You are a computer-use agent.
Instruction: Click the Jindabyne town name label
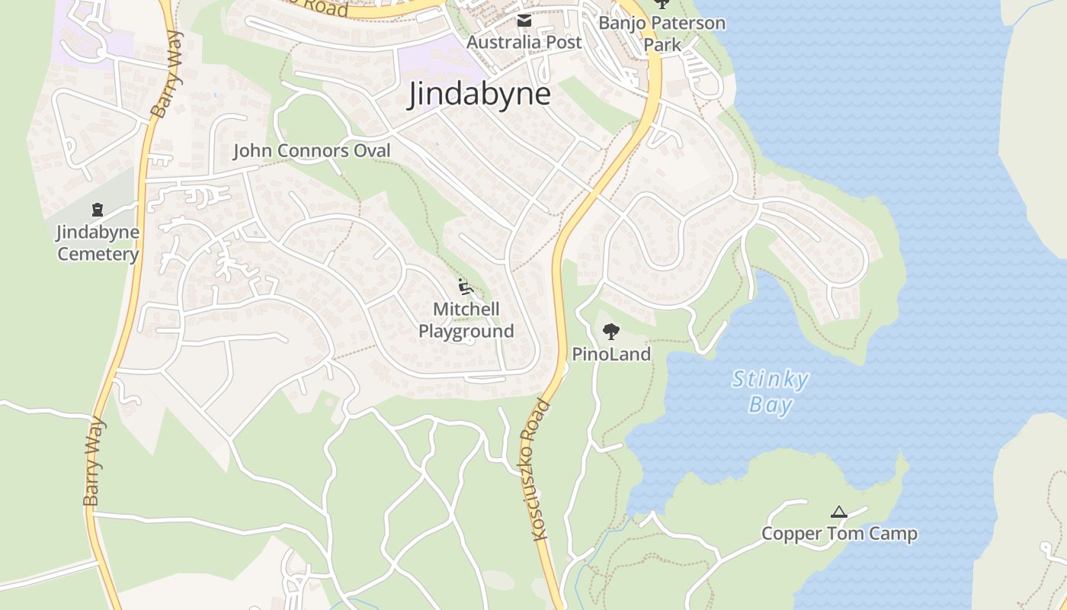point(479,95)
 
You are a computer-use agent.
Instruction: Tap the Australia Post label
point(524,43)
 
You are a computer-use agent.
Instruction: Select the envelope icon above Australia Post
point(524,21)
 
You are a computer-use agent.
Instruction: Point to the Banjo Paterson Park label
point(662,34)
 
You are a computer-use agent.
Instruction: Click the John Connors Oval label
point(311,151)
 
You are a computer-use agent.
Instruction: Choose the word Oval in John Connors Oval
point(372,151)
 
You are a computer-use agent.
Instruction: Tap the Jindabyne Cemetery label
point(98,243)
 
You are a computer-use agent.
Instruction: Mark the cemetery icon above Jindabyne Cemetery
point(98,209)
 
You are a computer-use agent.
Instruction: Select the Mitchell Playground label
point(466,320)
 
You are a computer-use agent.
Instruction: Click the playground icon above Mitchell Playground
point(466,287)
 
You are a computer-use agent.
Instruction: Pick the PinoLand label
point(611,355)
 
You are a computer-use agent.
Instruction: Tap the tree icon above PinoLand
point(610,332)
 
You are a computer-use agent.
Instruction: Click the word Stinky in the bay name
point(770,380)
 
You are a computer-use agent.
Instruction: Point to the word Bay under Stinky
point(770,405)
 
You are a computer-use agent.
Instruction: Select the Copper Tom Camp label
point(839,534)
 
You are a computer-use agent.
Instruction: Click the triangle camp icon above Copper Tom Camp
point(839,512)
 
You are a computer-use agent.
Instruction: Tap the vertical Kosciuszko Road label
point(540,470)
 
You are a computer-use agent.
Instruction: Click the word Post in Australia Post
point(565,43)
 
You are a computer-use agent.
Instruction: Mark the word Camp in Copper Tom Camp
point(895,534)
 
